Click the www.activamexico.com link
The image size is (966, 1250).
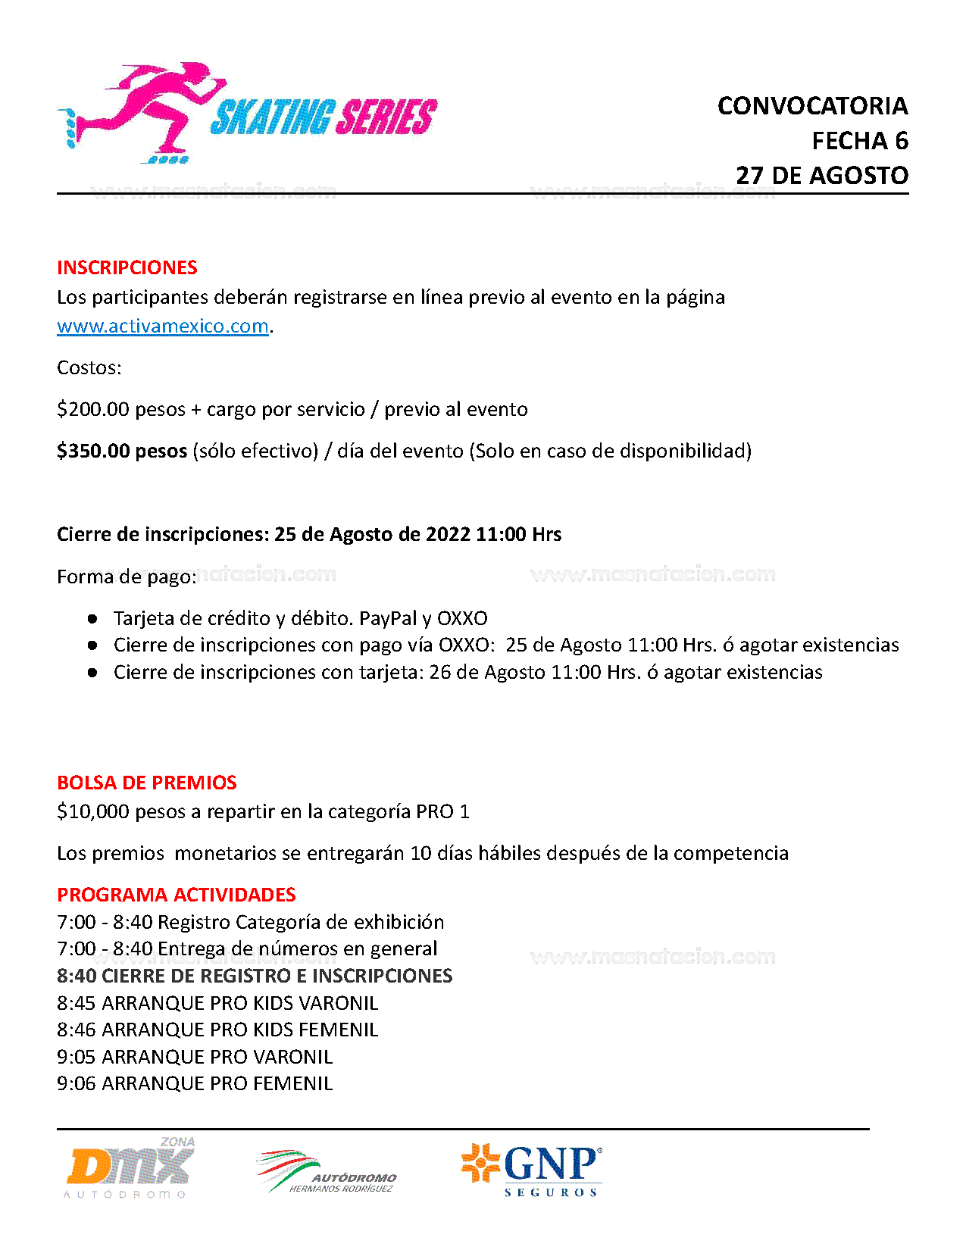point(163,327)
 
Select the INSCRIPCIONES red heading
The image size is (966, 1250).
point(127,267)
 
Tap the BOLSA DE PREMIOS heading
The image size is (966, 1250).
point(146,783)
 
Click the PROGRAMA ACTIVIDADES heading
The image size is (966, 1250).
point(176,895)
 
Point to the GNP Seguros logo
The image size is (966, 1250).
point(533,1169)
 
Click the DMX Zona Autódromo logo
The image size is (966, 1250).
point(130,1168)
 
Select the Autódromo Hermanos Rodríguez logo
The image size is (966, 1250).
point(326,1172)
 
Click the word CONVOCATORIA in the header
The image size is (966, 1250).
point(812,106)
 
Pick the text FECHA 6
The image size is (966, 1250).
point(860,141)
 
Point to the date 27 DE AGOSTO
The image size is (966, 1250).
point(822,176)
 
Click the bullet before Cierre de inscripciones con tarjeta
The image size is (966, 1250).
point(92,672)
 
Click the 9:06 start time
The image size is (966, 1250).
point(76,1084)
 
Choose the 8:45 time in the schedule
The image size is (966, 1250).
point(76,1004)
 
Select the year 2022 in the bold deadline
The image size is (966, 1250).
point(448,535)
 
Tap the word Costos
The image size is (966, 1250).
point(89,368)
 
